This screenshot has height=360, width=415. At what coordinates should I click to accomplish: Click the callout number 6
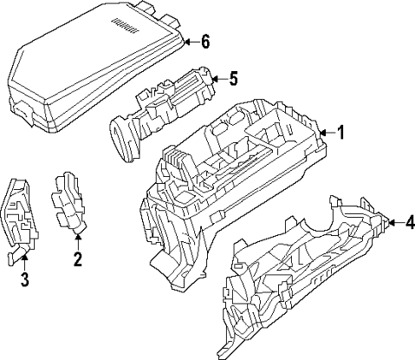(x=205, y=41)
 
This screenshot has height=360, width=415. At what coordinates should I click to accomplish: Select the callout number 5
(x=233, y=79)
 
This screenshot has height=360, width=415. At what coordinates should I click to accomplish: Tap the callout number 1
(x=341, y=133)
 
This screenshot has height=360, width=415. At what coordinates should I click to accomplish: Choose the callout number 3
(x=24, y=279)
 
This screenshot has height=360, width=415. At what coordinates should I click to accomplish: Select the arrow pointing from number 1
(x=326, y=133)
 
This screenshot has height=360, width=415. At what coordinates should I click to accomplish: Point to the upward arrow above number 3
(x=24, y=259)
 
